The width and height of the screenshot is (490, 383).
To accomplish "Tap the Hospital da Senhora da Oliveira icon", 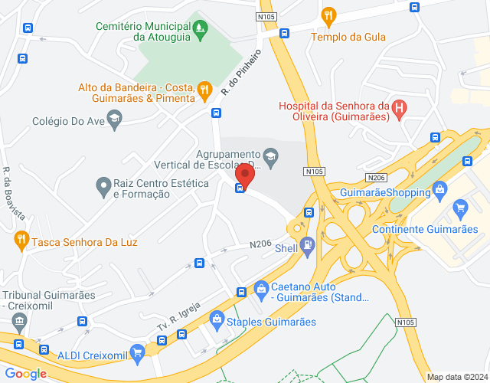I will [398, 107].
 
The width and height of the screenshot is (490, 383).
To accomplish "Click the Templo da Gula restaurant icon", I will [329, 15].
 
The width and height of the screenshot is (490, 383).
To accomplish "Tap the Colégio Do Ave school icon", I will [114, 118].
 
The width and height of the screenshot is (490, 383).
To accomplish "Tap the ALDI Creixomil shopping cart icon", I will [137, 352].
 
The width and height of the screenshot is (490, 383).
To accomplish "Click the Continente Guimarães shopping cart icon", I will [460, 207].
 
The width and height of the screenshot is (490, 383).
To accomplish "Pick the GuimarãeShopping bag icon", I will [439, 188].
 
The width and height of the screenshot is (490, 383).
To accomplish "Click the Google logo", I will [24, 373].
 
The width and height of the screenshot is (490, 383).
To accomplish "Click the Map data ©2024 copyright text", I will [456, 377].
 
